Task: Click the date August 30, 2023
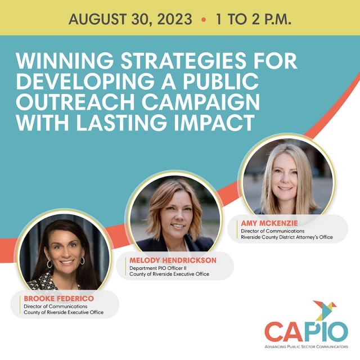pyautogui.click(x=130, y=19)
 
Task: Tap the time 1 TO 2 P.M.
pyautogui.click(x=254, y=19)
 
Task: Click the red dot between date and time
pyautogui.click(x=204, y=20)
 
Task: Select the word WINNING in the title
pyautogui.click(x=65, y=61)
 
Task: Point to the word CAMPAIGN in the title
pyautogui.click(x=201, y=102)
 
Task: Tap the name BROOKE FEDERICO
pyautogui.click(x=58, y=299)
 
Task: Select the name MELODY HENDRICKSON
pyautogui.click(x=173, y=260)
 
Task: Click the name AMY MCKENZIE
pyautogui.click(x=269, y=223)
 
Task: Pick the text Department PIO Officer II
pyautogui.click(x=158, y=268)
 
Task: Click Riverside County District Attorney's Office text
pyautogui.click(x=287, y=237)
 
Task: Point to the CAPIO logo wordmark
pyautogui.click(x=307, y=331)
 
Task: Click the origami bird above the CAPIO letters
pyautogui.click(x=324, y=310)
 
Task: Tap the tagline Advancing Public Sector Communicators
pyautogui.click(x=307, y=346)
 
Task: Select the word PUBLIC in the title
pyautogui.click(x=220, y=81)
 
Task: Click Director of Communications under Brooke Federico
pyautogui.click(x=56, y=306)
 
